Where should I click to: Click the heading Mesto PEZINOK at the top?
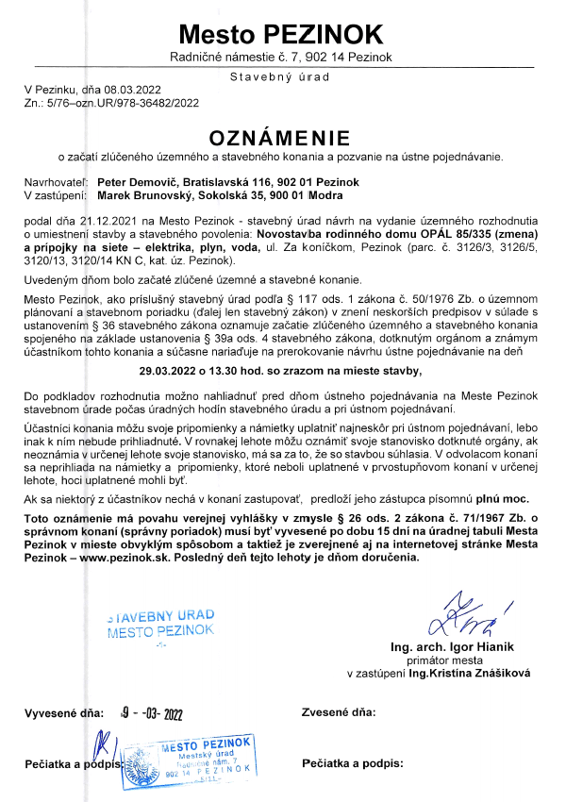[282, 35]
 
